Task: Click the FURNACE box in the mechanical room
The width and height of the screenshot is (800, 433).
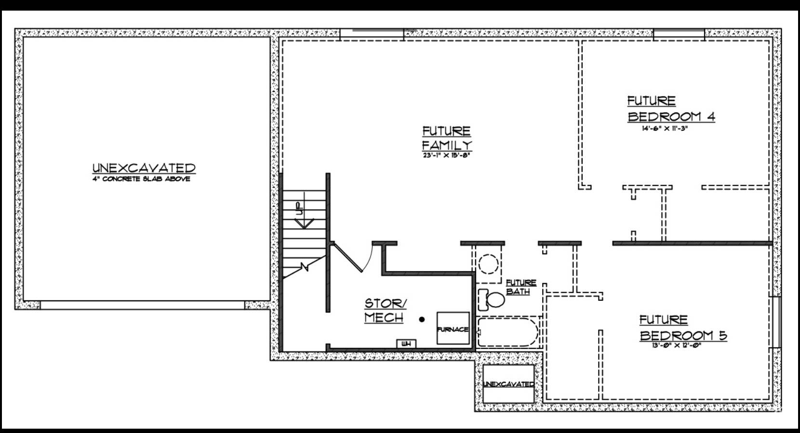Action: tap(453, 328)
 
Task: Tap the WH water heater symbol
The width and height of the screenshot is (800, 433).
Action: tap(406, 344)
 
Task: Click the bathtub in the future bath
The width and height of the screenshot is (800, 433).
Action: tap(508, 332)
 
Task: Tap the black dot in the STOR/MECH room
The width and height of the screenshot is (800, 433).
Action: tap(422, 319)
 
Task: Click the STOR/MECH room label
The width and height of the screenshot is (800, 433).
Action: tap(385, 311)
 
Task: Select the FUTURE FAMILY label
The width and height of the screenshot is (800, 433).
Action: tap(447, 138)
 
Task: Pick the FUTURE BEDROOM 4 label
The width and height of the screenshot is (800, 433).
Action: tap(671, 109)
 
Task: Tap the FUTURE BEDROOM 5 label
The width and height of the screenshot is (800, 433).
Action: tap(683, 328)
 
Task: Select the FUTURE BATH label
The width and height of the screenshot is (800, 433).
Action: tap(520, 287)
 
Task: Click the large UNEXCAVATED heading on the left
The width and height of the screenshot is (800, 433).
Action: tap(144, 168)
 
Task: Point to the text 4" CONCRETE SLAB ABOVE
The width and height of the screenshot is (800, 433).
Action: tap(142, 179)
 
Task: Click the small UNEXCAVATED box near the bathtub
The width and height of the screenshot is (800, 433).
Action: tap(508, 384)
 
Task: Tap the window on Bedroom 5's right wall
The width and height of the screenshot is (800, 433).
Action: tap(776, 322)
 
